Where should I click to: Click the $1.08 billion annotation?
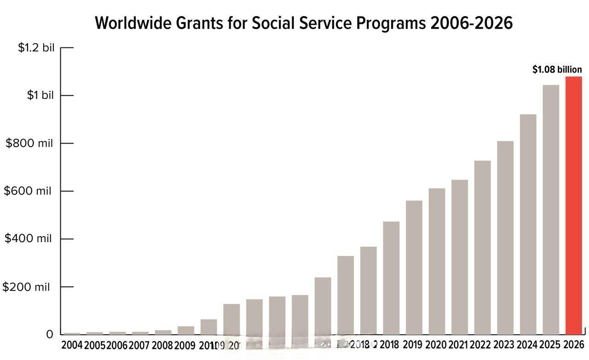[557, 70]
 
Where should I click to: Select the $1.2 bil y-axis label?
[36, 47]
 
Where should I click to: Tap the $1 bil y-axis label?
[40, 95]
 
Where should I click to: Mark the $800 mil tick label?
[29, 143]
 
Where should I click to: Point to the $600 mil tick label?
[28, 191]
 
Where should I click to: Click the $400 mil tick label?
[28, 238]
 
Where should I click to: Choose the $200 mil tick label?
[26, 287]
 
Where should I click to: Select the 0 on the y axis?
[50, 335]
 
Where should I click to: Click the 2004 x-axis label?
[72, 345]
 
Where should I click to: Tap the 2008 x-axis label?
[162, 345]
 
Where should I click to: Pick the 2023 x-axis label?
[504, 344]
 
